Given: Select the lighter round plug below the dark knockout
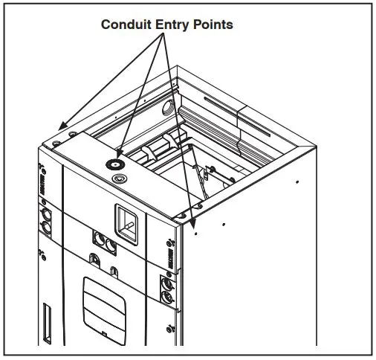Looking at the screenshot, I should (117, 179).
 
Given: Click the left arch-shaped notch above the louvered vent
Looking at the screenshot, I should (94, 260).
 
